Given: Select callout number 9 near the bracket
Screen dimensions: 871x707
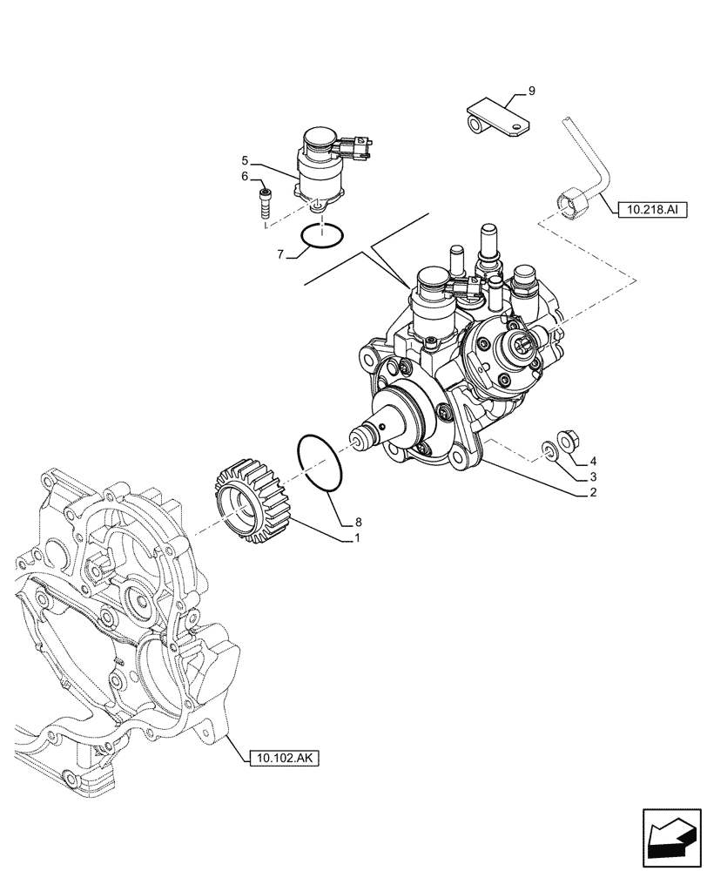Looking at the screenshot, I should click(x=531, y=90).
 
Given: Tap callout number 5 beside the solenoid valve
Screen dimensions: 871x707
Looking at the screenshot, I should click(x=246, y=160).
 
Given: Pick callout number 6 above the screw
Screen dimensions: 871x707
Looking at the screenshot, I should click(x=246, y=177).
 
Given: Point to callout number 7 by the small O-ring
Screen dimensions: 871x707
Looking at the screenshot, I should click(x=280, y=254).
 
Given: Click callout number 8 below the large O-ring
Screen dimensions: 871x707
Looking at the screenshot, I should click(x=357, y=523).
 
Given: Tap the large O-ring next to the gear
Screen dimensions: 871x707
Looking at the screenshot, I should click(x=320, y=463).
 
